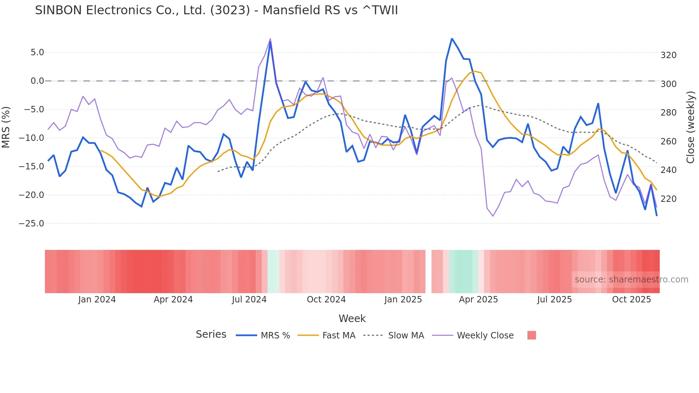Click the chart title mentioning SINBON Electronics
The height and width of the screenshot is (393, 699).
click(216, 10)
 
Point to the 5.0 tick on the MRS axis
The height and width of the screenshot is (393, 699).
click(37, 52)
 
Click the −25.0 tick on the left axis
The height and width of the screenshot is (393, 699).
click(31, 224)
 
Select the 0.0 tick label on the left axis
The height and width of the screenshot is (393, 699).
click(37, 81)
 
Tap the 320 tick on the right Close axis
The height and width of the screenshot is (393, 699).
click(668, 55)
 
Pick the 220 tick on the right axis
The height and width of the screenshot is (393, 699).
click(668, 199)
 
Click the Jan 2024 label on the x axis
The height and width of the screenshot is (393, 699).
click(97, 300)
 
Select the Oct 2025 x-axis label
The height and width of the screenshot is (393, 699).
click(631, 300)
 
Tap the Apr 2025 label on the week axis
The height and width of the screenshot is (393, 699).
click(478, 300)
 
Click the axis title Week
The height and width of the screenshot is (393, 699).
click(352, 318)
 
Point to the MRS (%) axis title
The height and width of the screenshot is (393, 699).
click(6, 127)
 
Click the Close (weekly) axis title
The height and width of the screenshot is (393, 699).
click(690, 127)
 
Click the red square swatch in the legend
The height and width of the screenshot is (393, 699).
click(531, 335)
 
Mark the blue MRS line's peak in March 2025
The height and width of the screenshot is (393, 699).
click(452, 39)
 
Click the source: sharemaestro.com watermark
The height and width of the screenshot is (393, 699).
click(631, 280)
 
